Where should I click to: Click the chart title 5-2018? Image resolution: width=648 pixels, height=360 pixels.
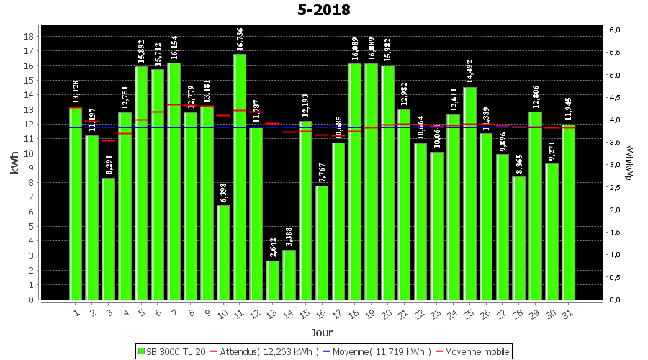324,10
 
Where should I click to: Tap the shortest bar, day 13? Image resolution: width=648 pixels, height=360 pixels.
272,280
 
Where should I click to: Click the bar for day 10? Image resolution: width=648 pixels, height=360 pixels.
223,252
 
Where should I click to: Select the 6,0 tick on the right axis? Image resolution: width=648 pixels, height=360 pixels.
615,30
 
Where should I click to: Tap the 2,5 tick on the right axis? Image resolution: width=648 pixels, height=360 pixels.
615,187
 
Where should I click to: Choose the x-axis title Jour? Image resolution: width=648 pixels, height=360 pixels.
322,333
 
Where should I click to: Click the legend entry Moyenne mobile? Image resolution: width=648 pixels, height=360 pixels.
471,351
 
